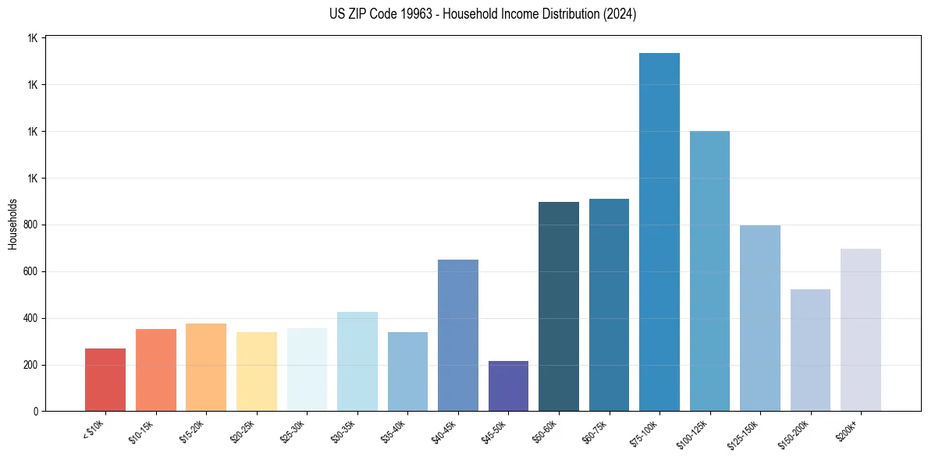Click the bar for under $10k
pyautogui.click(x=105, y=380)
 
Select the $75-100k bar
pyautogui.click(x=660, y=232)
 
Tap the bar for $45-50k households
pyautogui.click(x=508, y=386)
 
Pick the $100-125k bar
pyautogui.click(x=709, y=271)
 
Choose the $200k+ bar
pyautogui.click(x=861, y=330)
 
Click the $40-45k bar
pyautogui.click(x=458, y=335)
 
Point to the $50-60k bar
pyautogui.click(x=559, y=306)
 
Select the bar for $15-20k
pyautogui.click(x=206, y=367)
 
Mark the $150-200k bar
pyautogui.click(x=810, y=350)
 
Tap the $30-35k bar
pyautogui.click(x=357, y=361)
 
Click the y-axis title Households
pyautogui.click(x=12, y=224)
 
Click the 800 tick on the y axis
pyautogui.click(x=31, y=225)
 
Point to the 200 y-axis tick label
pyautogui.click(x=31, y=365)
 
